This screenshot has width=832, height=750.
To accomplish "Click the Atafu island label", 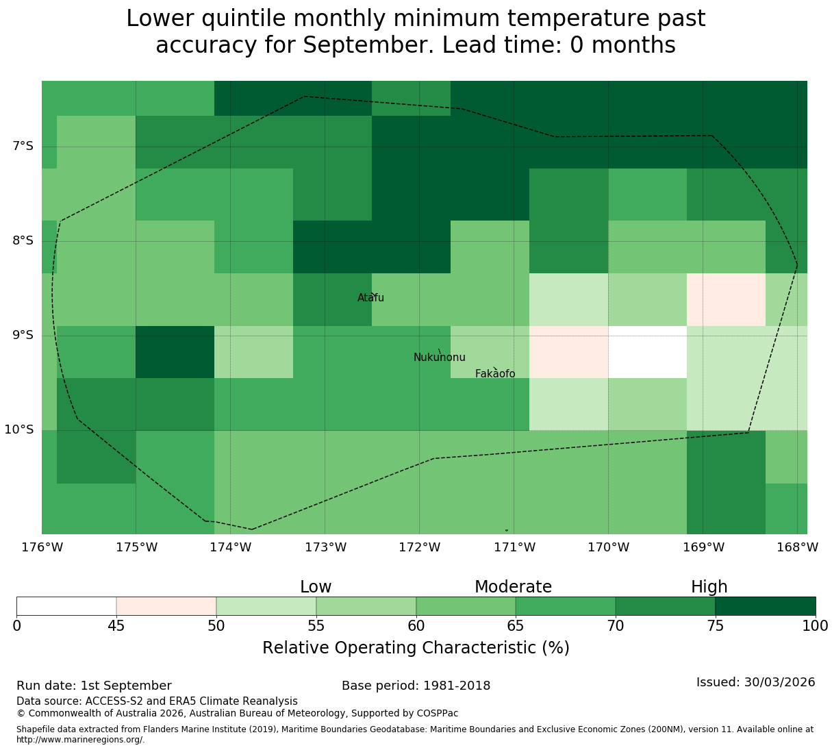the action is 370,297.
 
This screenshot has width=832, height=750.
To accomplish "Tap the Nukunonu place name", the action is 439,357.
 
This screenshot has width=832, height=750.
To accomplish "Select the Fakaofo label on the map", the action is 495,373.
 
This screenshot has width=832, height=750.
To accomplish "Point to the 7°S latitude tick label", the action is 23,146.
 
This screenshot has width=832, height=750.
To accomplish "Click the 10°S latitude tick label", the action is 18,429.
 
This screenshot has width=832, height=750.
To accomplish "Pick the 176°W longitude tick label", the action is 42,547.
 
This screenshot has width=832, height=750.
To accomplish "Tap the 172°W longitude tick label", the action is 419,547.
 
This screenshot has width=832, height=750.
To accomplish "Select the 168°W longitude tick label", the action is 797,547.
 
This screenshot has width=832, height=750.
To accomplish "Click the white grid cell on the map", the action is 647,352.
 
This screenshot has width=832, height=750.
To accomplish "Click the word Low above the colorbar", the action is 316,587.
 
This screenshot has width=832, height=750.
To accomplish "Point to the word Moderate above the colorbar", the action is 513,587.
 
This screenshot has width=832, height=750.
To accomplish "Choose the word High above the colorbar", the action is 709,587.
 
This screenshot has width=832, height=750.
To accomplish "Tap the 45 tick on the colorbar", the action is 116,625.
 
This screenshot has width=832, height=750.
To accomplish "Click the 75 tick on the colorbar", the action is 716,625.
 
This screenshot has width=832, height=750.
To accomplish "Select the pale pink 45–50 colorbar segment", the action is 166,606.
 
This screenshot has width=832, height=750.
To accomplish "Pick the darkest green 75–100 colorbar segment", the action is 765,606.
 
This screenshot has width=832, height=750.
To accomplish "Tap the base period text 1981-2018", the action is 457,686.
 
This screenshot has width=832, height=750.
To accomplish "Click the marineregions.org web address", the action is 81,740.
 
